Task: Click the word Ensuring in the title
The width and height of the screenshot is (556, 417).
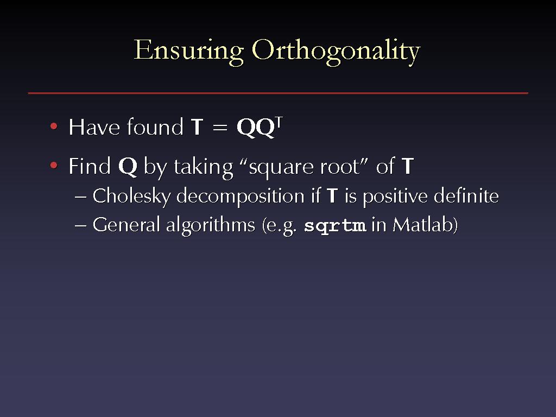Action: click(x=188, y=52)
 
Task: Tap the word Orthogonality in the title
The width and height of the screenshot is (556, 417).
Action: click(x=336, y=52)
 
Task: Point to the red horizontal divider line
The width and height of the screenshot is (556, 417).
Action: click(x=278, y=93)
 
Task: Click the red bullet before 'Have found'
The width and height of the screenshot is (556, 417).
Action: click(x=54, y=126)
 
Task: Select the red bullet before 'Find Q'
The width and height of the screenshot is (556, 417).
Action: click(x=54, y=166)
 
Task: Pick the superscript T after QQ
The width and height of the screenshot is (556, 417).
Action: click(x=279, y=123)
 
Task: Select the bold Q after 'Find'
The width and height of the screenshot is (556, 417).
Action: click(x=128, y=166)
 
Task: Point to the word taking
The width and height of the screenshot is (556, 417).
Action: click(x=204, y=167)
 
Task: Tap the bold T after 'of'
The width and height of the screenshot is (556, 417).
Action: click(x=407, y=166)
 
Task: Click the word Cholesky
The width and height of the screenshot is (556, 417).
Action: click(x=131, y=196)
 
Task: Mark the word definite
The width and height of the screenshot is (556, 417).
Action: click(x=466, y=195)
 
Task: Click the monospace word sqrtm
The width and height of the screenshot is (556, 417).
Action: click(x=335, y=226)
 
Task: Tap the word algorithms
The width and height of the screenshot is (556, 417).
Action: click(x=211, y=226)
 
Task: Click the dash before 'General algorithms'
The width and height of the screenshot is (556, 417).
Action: click(x=81, y=226)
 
